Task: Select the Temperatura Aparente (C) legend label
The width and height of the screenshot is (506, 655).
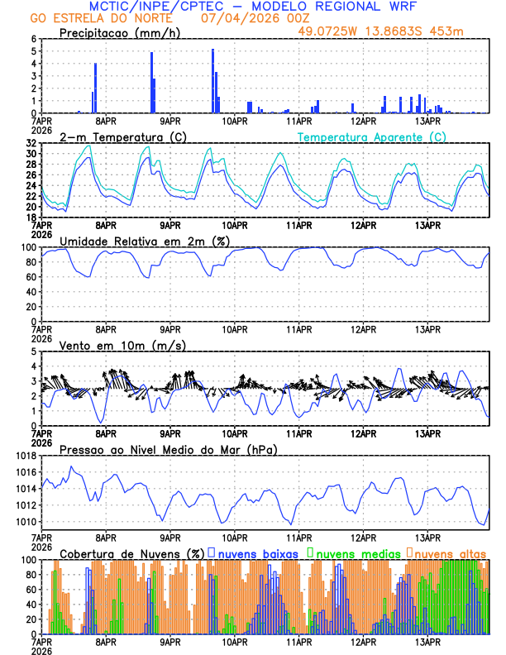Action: coord(372,136)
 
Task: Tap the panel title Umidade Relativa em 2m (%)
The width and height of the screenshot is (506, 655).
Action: coord(142,241)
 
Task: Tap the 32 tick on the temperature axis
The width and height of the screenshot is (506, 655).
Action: coord(31,143)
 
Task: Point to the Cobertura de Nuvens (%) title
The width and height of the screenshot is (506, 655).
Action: coord(131,553)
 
